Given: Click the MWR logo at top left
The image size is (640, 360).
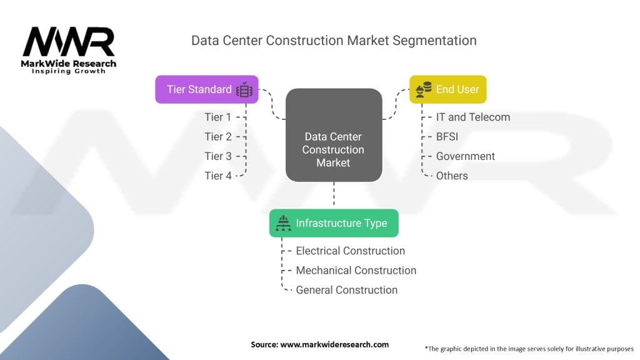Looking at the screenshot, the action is coord(69,44).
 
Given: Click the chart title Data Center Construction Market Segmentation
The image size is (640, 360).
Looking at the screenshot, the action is coord(334,41).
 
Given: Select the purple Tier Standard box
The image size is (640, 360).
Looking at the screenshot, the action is coord(206,89).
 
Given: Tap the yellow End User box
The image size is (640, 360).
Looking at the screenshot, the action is coord(447,89).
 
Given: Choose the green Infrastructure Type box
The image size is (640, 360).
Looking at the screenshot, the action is coord(334,223).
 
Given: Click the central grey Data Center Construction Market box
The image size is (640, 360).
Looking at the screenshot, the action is coord(333,136).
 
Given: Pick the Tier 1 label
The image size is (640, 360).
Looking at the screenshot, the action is coord(217,117).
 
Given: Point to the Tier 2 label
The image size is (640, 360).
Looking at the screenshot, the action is coord(217,137).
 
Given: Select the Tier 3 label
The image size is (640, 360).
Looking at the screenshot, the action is coord(217,156).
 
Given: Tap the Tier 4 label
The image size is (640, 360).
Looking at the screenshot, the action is coord(217,176).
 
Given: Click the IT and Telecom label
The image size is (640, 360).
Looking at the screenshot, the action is coord(472,117).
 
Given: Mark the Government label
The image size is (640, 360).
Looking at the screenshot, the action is coord(465,156).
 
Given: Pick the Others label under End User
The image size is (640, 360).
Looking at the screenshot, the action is coord(452,176).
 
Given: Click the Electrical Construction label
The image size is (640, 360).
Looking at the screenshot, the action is coord(350,251).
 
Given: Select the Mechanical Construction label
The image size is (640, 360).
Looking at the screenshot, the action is coord(356,270).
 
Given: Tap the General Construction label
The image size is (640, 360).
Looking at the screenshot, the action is coord(346,289).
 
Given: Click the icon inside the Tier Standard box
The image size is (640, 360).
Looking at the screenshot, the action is coord(244,90).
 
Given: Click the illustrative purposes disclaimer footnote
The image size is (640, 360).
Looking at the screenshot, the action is coord(529,348).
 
